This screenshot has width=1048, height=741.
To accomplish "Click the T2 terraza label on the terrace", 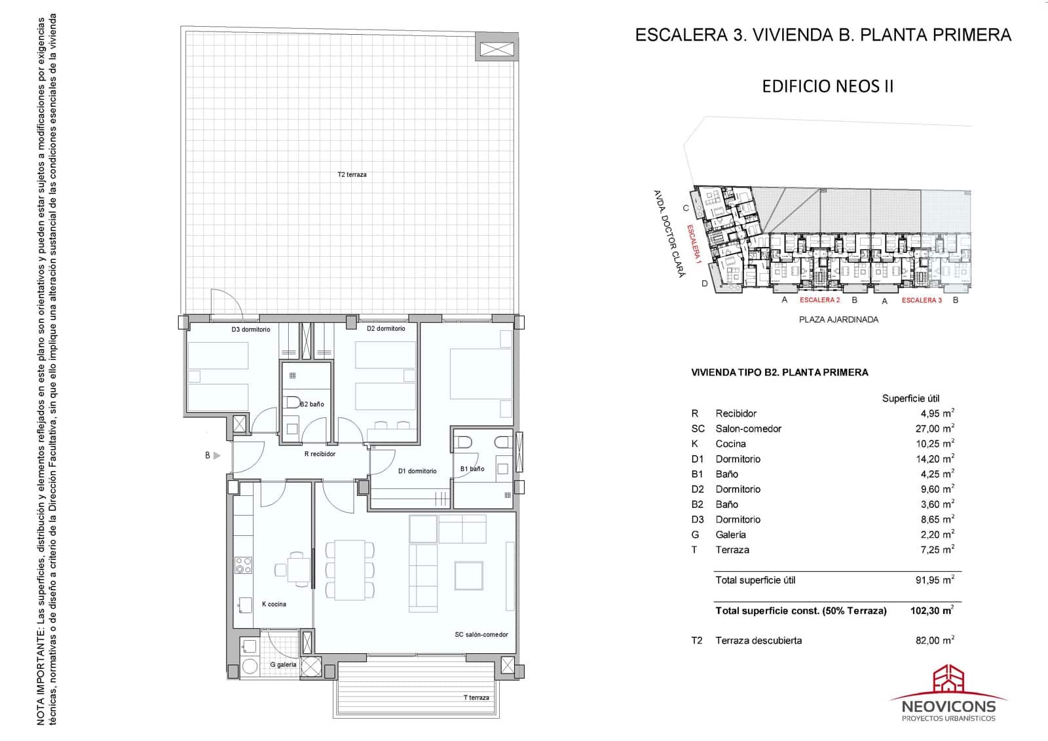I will (352, 175).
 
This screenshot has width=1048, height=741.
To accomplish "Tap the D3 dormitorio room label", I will (250, 330).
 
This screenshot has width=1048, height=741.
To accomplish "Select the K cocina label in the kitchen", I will (274, 604).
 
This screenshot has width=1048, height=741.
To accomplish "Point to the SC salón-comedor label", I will (481, 634).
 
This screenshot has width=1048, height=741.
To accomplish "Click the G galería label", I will (283, 664).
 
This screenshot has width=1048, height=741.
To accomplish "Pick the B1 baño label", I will (472, 468).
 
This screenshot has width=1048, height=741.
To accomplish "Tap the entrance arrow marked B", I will (216, 455).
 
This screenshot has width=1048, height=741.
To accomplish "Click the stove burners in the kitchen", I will (244, 565).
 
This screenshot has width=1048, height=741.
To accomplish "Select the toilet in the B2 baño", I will (292, 402).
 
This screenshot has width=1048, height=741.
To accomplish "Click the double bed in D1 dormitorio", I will (480, 373).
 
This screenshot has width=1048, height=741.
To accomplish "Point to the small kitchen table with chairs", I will (299, 569).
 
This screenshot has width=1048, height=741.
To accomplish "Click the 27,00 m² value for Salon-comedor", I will (937, 428).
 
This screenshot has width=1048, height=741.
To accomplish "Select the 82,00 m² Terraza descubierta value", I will (934, 640).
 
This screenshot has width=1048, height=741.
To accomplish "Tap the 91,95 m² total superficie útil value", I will (934, 580).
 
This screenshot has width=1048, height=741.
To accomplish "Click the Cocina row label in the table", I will (730, 444).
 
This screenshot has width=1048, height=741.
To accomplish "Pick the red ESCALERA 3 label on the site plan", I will (922, 300).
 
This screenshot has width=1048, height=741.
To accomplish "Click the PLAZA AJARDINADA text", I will (838, 320).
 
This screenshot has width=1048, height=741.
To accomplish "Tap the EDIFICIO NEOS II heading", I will (827, 86).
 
